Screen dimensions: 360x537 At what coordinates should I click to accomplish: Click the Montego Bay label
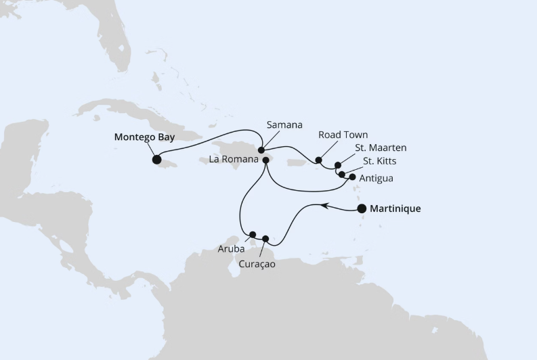coord(144,137)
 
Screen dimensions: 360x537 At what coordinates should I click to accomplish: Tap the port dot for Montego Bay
coord(157,160)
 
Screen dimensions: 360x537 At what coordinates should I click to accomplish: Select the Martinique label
coord(395,209)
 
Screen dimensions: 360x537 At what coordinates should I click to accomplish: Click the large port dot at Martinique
coord(362,209)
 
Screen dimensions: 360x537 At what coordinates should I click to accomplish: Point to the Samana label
coord(284,125)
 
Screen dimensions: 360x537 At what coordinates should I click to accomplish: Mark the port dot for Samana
coord(261,150)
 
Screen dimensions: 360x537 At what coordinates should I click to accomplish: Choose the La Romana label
coord(234,160)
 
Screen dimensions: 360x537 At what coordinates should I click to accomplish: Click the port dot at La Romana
coord(266,160)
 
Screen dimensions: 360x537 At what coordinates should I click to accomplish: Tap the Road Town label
coord(343,135)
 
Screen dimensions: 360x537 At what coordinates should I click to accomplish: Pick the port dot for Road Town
coord(319,160)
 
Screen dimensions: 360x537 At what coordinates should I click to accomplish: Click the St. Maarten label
coord(381,148)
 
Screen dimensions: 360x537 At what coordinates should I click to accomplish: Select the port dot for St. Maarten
coord(338,165)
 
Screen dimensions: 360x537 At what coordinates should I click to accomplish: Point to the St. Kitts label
coord(380,162)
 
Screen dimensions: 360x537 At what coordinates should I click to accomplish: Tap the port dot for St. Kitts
coord(342,174)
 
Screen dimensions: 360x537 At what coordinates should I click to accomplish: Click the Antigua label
coord(377,178)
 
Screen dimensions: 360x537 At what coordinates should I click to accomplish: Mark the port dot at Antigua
coord(352,177)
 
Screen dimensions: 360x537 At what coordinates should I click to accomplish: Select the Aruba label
coord(231,250)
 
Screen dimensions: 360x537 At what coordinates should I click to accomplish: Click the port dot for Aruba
coord(253,235)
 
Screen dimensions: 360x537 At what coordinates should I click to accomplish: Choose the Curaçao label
coord(258,264)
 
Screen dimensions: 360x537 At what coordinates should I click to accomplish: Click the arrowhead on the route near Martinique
coord(325,204)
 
